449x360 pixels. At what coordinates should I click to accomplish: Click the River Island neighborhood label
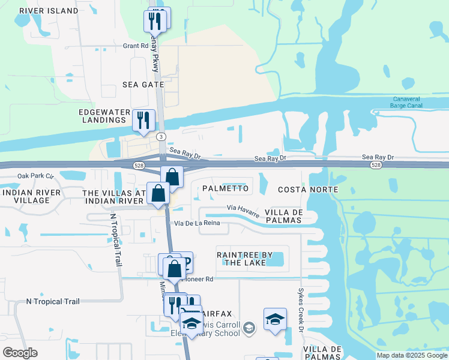click(x=49, y=11)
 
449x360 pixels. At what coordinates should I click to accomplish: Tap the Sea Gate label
click(x=143, y=85)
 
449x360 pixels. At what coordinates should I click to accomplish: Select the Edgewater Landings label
click(x=104, y=117)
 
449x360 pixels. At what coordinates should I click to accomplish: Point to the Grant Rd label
click(x=135, y=46)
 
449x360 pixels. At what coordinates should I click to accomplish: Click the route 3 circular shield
click(x=162, y=137)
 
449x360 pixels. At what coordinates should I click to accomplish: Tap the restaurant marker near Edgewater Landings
click(x=143, y=121)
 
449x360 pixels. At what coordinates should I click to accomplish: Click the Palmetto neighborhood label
click(x=225, y=188)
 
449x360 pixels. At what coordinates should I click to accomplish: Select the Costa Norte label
click(x=308, y=190)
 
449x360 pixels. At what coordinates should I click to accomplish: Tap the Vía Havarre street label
click(x=243, y=209)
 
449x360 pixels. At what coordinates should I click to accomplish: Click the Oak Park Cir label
click(x=35, y=176)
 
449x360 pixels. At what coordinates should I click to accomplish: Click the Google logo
click(x=20, y=352)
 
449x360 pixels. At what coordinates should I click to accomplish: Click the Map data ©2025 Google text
click(x=412, y=355)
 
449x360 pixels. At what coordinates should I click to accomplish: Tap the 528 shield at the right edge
click(x=376, y=164)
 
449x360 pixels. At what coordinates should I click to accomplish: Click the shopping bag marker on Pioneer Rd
click(x=174, y=268)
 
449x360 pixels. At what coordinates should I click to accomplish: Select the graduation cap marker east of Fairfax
click(x=275, y=320)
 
